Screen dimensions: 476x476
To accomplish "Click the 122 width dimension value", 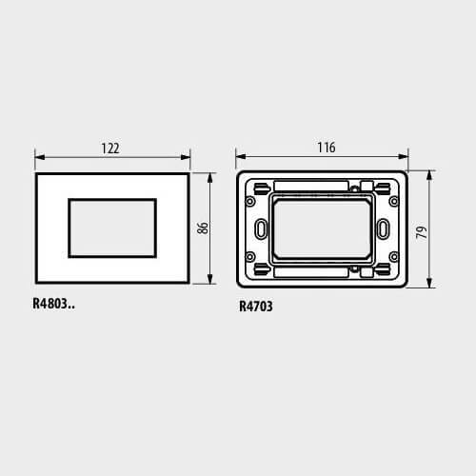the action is (x=110, y=149).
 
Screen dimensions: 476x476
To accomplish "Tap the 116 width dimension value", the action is (x=327, y=148).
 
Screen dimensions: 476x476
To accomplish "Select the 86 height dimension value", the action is (x=203, y=228).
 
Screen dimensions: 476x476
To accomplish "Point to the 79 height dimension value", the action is (x=422, y=232).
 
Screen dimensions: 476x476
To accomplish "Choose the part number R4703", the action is (x=256, y=307).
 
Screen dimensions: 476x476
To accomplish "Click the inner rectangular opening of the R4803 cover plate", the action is (x=112, y=228).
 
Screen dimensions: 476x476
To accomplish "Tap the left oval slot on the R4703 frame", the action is (x=261, y=228).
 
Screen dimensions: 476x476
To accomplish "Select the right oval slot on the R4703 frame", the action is (x=383, y=228).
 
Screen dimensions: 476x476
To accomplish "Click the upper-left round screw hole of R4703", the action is (x=250, y=201).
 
